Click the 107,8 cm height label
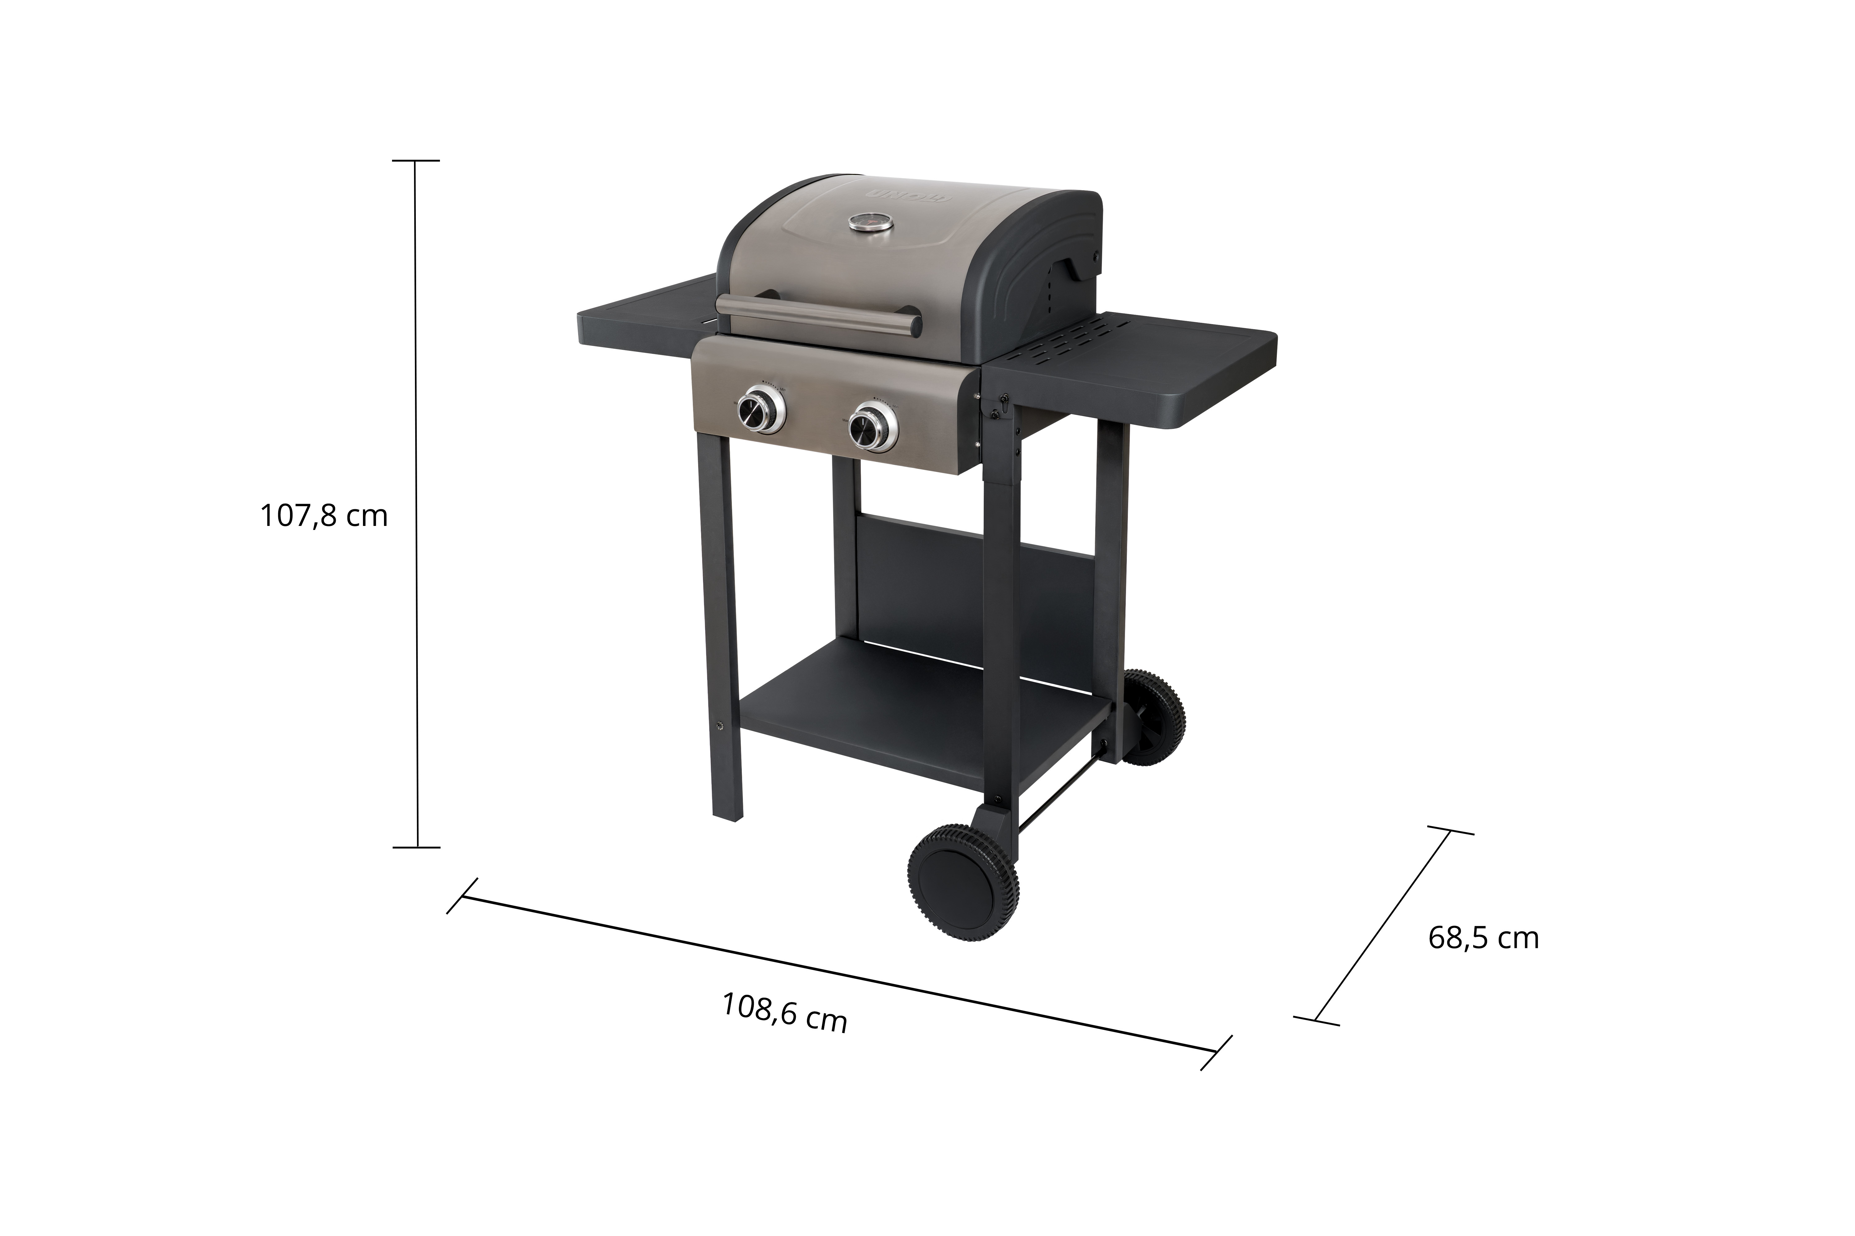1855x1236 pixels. click(324, 516)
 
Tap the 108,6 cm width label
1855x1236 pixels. click(785, 1012)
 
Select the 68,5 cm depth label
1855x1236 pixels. click(1483, 938)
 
